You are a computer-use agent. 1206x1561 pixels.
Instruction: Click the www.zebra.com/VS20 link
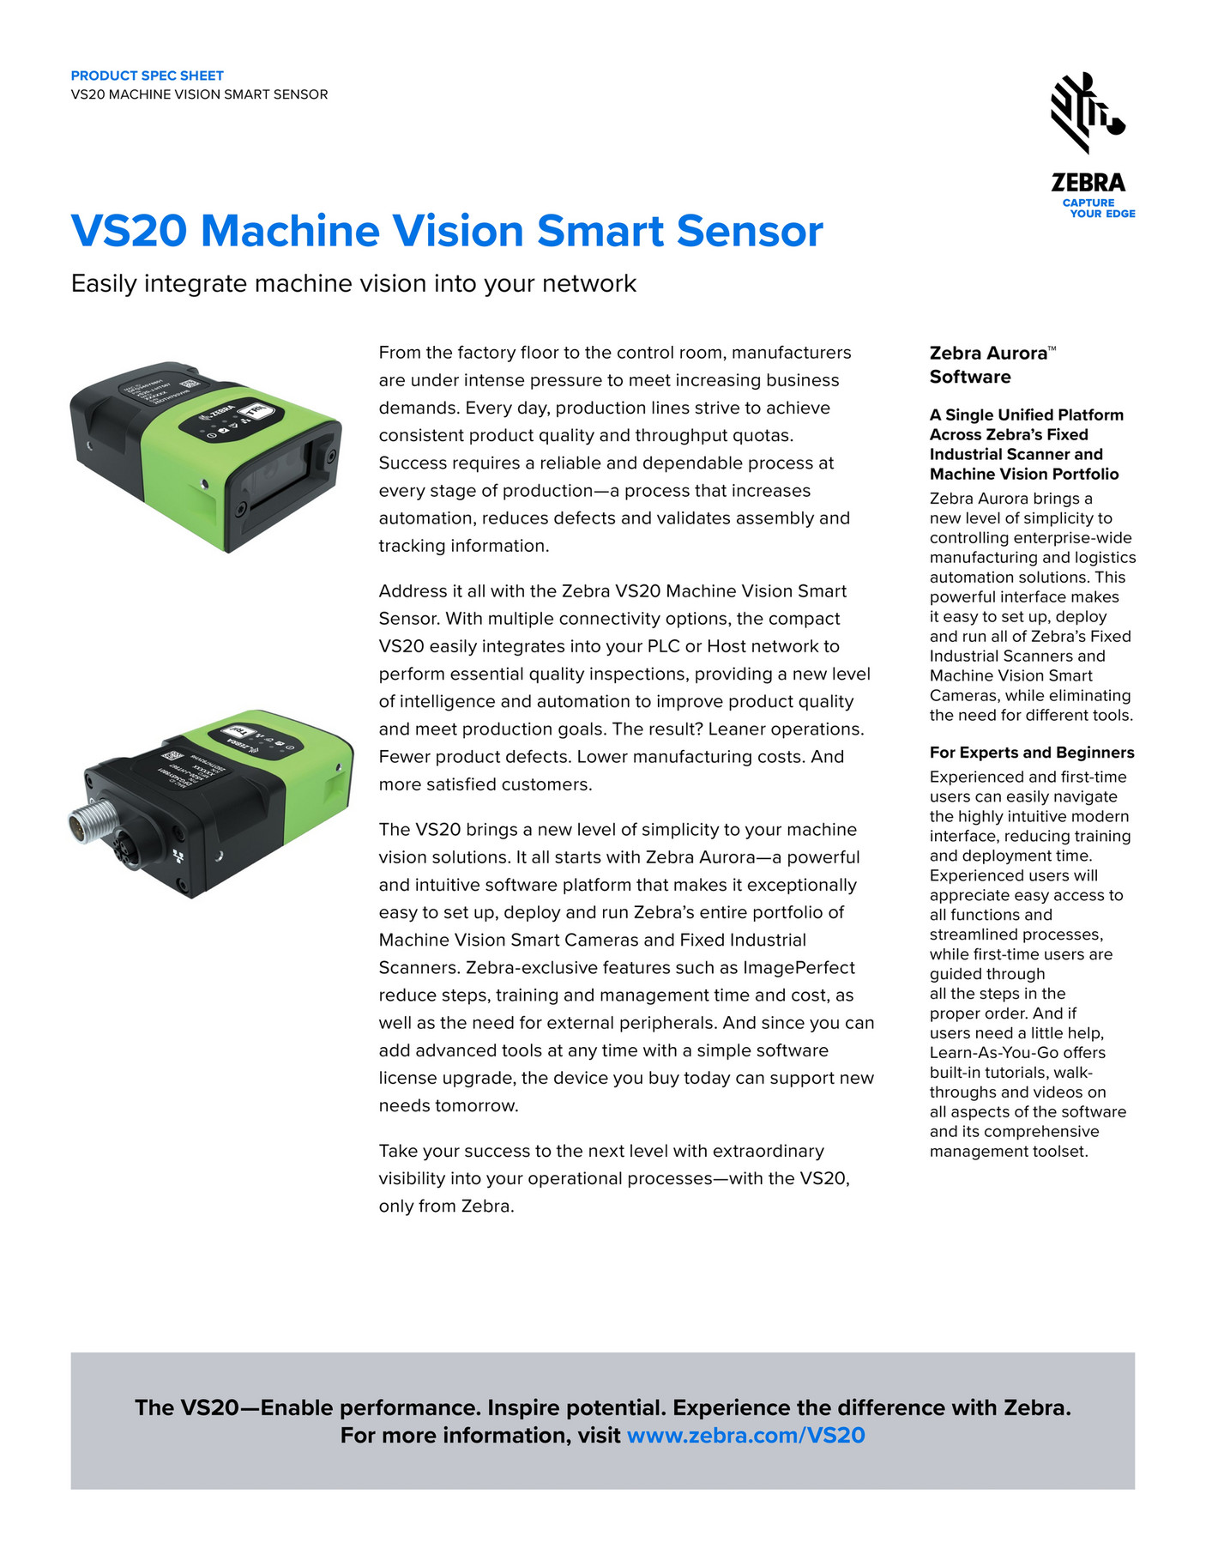(745, 1435)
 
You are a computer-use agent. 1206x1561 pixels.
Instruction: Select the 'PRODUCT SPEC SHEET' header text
(147, 76)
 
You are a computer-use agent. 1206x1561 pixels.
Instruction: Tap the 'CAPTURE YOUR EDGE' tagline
(1099, 209)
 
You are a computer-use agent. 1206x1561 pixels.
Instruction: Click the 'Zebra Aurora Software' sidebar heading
(991, 365)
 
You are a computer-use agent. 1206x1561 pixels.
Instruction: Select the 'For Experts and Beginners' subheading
(1031, 753)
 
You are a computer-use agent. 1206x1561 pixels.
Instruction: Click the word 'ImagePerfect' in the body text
(799, 967)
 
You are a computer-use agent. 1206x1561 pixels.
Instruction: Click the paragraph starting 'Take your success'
(613, 1178)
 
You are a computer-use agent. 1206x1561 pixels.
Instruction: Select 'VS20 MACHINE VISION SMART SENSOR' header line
(199, 94)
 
